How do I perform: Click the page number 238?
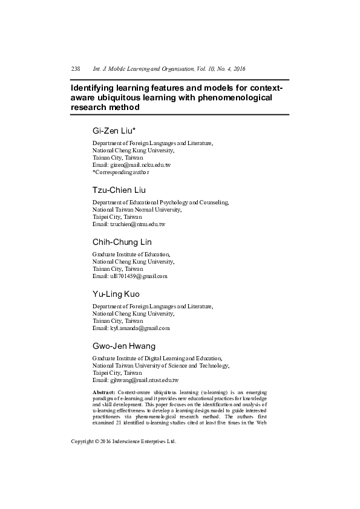tap(76, 69)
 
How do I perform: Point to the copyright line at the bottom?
tap(123, 442)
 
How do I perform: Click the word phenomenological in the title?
tap(234, 97)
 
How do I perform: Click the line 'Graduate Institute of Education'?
tap(131, 254)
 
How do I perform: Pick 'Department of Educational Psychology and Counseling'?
tap(160, 202)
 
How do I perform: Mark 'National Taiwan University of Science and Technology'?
tap(160, 366)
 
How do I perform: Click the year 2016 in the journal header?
tap(237, 69)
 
